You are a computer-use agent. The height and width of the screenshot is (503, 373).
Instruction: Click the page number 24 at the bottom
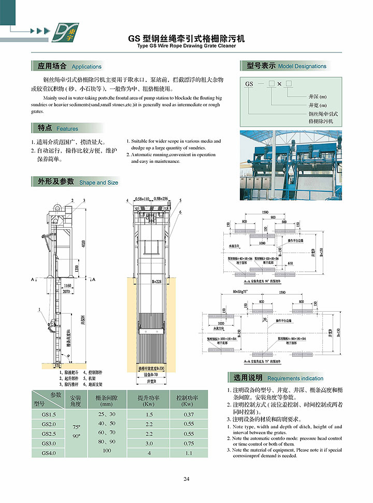187,479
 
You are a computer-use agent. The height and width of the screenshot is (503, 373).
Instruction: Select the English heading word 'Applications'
87,66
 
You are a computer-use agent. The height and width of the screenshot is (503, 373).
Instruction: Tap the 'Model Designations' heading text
302,66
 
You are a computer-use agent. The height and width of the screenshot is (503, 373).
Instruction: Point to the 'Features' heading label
67,129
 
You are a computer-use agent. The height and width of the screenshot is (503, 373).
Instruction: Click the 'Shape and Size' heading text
98,183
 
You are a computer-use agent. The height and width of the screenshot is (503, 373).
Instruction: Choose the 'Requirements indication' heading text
295,378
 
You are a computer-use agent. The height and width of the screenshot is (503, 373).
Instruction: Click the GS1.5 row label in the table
48,414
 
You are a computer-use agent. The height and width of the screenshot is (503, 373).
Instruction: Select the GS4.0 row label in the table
48,453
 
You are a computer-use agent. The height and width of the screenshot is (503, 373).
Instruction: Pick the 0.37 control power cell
189,414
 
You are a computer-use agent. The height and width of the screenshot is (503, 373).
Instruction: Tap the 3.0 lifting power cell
149,443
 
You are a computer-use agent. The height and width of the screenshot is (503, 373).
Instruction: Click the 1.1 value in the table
189,453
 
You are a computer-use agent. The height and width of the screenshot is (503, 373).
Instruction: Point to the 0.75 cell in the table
189,443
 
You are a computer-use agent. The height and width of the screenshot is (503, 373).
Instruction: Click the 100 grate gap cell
107,451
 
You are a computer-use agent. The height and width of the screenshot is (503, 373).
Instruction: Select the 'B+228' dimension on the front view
157,282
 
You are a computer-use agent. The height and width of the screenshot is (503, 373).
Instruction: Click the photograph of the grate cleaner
291,165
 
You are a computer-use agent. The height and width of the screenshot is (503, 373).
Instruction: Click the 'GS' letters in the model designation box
249,83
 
